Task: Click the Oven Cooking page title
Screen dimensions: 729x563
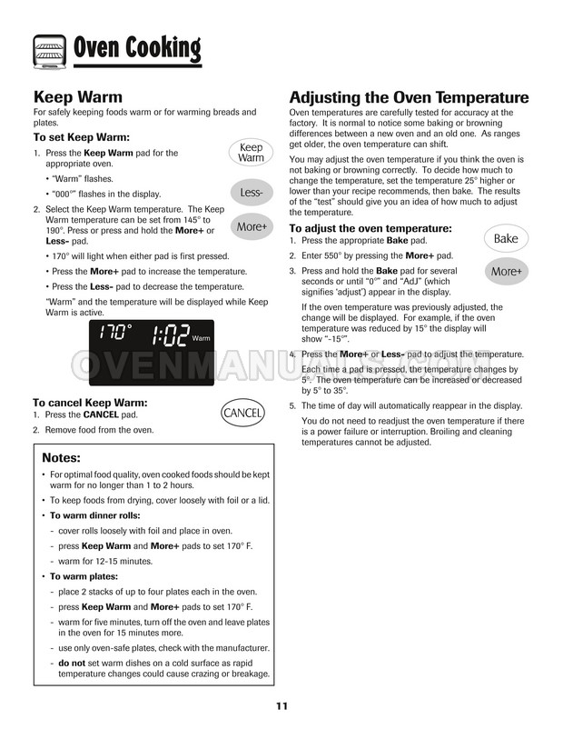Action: point(135,46)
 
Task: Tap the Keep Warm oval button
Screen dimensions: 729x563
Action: point(251,153)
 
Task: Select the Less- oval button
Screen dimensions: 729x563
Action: point(251,193)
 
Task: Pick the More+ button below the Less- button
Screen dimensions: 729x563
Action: point(251,227)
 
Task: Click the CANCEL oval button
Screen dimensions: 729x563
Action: point(242,414)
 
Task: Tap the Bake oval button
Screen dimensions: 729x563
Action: point(506,239)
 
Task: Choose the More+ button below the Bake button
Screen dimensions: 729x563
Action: point(506,272)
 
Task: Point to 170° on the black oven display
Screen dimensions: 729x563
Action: point(115,333)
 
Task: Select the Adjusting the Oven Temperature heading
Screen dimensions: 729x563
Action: point(409,97)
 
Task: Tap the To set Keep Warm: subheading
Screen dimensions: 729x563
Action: point(81,137)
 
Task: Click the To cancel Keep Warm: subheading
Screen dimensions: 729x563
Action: point(90,402)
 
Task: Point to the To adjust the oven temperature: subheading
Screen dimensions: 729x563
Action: point(370,227)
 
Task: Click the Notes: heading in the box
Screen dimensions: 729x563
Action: point(61,457)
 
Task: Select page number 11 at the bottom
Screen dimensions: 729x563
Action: point(282,707)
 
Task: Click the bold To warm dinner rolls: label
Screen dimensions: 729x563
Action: point(94,515)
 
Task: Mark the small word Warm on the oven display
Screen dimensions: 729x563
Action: point(201,339)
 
